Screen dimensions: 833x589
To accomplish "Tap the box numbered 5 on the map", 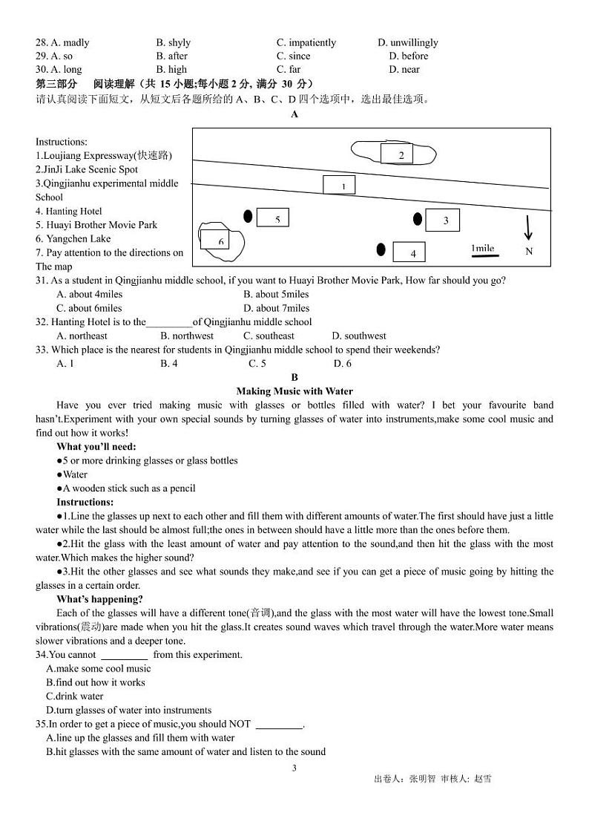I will pos(272,218).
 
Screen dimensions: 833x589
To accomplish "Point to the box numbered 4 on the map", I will pos(409,252).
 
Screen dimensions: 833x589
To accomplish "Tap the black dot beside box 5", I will pos(248,216).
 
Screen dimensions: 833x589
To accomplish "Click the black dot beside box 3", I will pos(418,218).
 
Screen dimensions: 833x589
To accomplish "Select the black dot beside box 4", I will pos(381,249).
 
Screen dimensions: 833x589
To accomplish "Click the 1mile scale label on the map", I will pos(482,249).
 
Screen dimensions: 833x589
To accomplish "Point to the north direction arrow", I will pos(527,227).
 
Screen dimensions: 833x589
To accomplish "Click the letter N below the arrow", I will pos(529,252).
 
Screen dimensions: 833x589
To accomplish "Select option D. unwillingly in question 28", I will pos(407,42).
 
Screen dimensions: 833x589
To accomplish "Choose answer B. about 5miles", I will pos(276,294).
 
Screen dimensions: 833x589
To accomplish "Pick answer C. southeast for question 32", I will pos(269,336).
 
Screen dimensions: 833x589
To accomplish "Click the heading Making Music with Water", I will pos(294,391).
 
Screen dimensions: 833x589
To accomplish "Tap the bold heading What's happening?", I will pos(99,599).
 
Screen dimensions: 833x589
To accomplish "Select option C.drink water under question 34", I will pos(74,696).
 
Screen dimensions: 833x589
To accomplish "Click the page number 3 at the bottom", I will pos(294,768).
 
